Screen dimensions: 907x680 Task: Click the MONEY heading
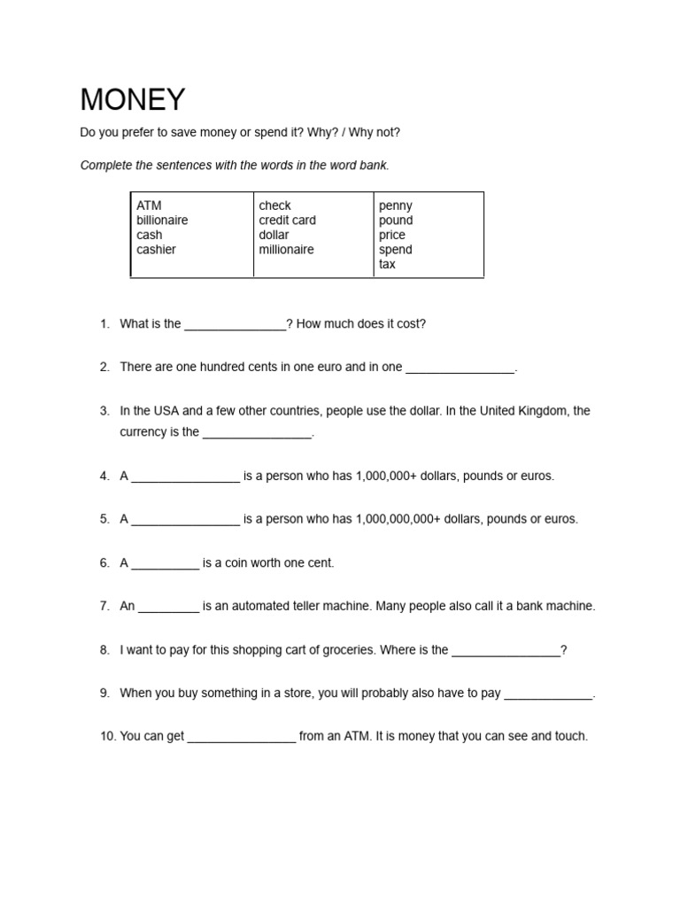point(133,99)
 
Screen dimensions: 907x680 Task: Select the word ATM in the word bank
point(149,205)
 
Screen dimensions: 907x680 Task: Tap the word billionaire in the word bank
point(162,221)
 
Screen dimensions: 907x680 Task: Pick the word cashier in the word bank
point(156,250)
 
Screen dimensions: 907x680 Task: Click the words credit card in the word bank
point(287,221)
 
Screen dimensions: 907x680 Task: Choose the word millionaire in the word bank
point(286,250)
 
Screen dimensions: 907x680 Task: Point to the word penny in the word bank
point(395,205)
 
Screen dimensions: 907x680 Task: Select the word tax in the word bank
point(387,264)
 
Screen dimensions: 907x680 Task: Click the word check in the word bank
point(274,205)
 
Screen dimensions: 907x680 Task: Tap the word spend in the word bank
point(395,250)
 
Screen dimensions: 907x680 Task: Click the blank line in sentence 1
point(235,326)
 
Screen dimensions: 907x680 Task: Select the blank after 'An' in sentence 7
point(168,609)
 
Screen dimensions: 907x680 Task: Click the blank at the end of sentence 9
point(548,695)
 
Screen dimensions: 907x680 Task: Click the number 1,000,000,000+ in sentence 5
point(398,519)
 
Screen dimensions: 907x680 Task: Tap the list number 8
point(104,650)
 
